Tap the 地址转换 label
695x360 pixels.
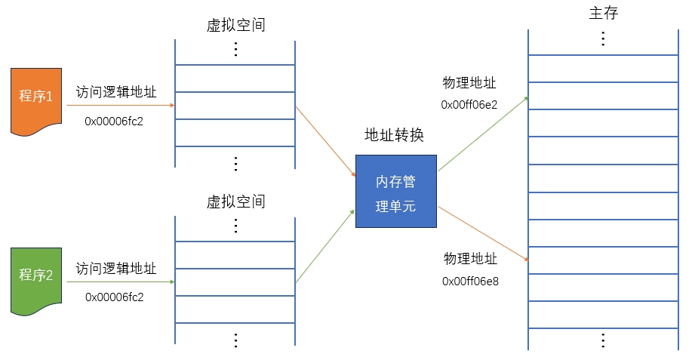coord(395,135)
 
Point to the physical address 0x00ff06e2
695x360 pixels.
coord(469,104)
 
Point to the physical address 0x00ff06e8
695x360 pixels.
coord(470,281)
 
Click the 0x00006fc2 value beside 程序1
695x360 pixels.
coord(114,120)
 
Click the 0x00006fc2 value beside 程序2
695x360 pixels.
coord(114,297)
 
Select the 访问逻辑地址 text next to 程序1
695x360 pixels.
coord(116,92)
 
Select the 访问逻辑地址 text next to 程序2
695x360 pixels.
coord(116,269)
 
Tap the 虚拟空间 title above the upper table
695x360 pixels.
coord(235,25)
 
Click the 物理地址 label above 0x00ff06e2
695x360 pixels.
coord(469,83)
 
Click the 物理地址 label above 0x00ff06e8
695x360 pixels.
coord(470,259)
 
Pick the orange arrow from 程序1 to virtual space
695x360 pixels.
coord(121,106)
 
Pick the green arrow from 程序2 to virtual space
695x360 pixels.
coord(121,282)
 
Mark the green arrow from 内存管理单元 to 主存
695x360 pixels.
coord(483,133)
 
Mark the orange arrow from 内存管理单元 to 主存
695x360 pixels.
coord(483,232)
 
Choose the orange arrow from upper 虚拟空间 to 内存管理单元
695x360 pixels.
coord(325,141)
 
